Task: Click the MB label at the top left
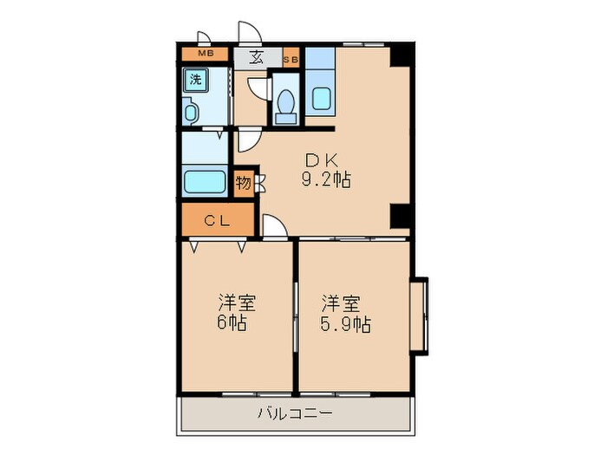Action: coord(206,55)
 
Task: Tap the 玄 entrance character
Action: coord(257,58)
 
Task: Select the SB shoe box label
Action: coord(290,59)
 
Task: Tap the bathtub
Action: coord(206,182)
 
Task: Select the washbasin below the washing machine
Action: coord(191,113)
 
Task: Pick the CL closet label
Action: coord(217,220)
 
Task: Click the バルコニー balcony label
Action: coord(294,413)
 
